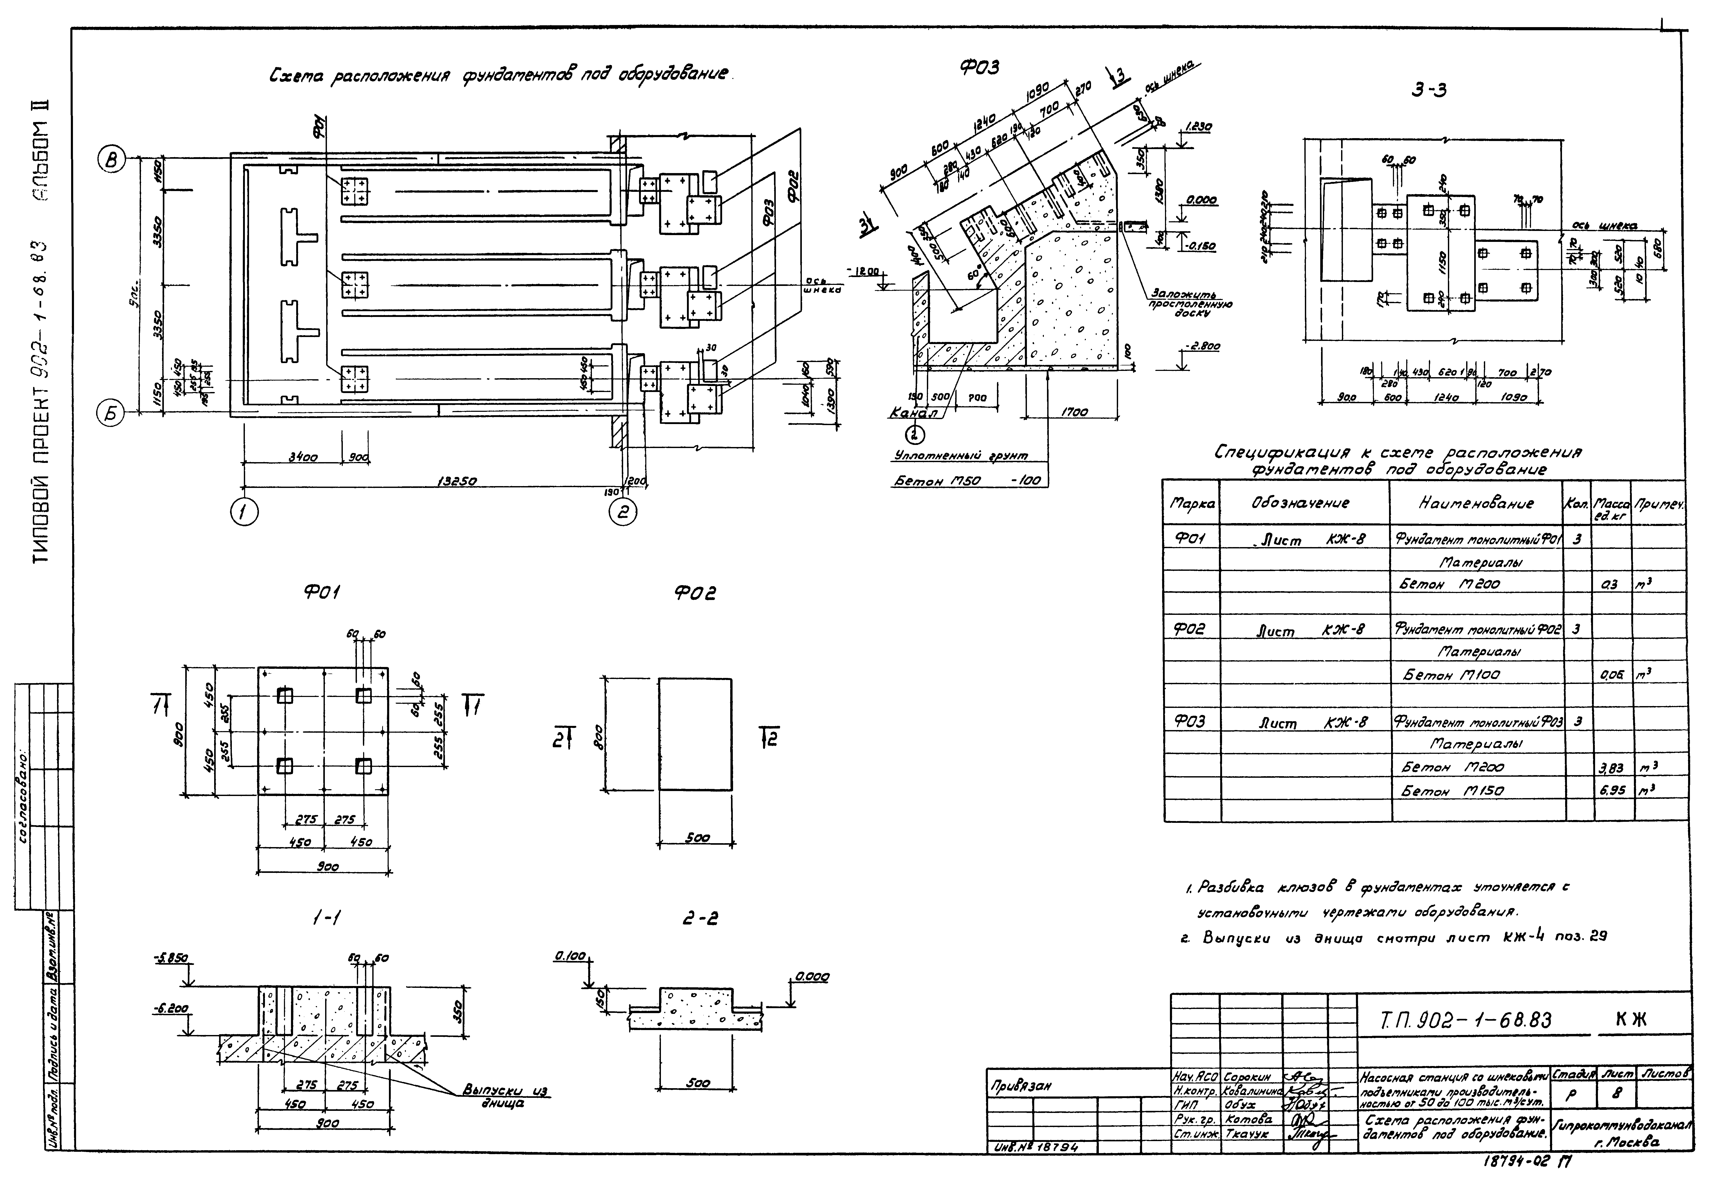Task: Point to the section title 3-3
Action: tap(1428, 90)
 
